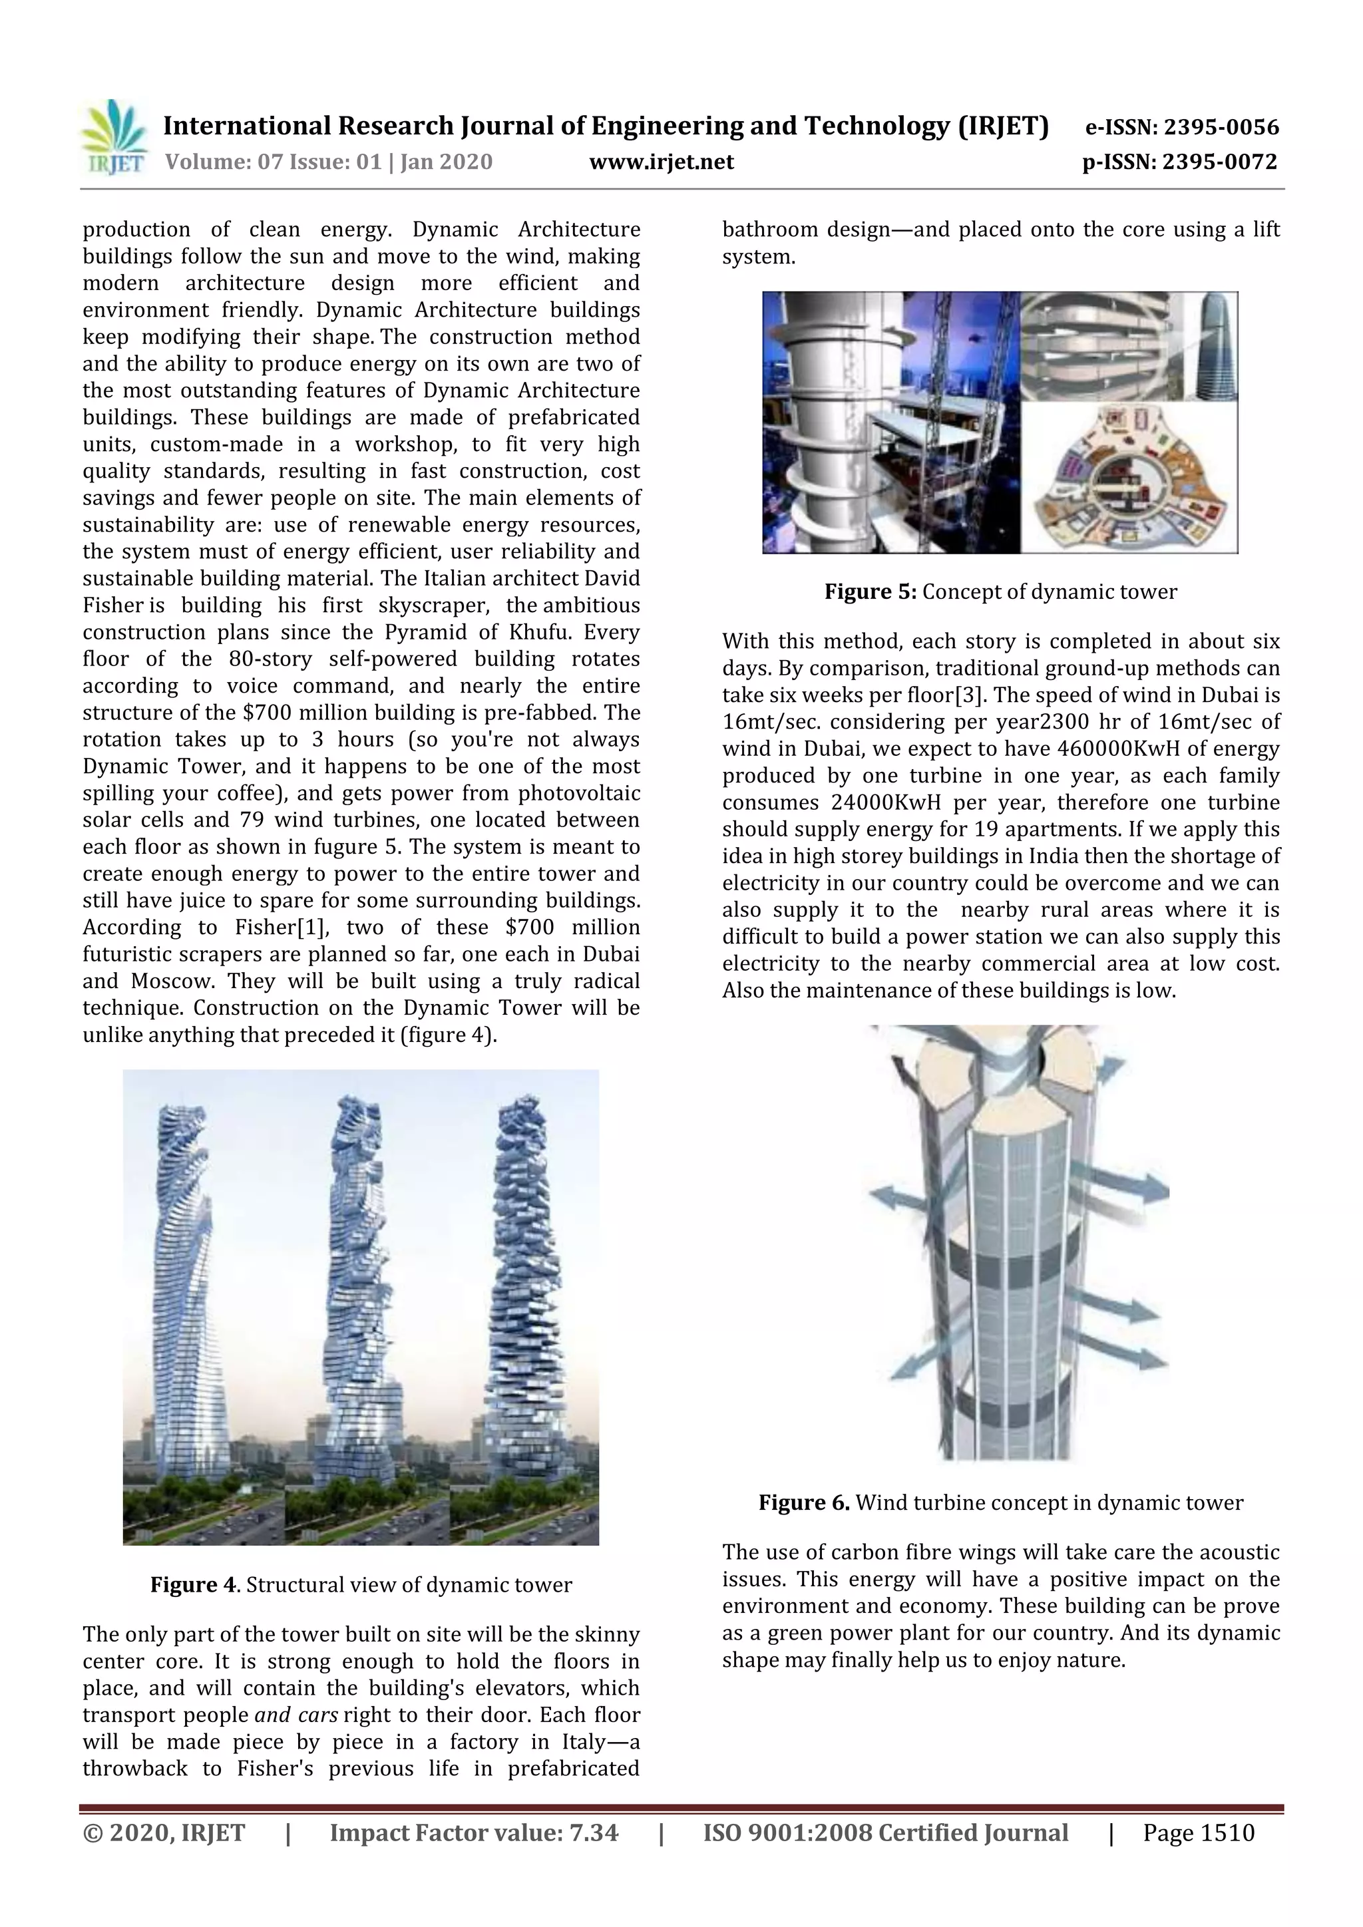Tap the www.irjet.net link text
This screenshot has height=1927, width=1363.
point(662,162)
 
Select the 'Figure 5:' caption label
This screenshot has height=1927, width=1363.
point(871,592)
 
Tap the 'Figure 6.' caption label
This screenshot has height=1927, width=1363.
point(804,1502)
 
